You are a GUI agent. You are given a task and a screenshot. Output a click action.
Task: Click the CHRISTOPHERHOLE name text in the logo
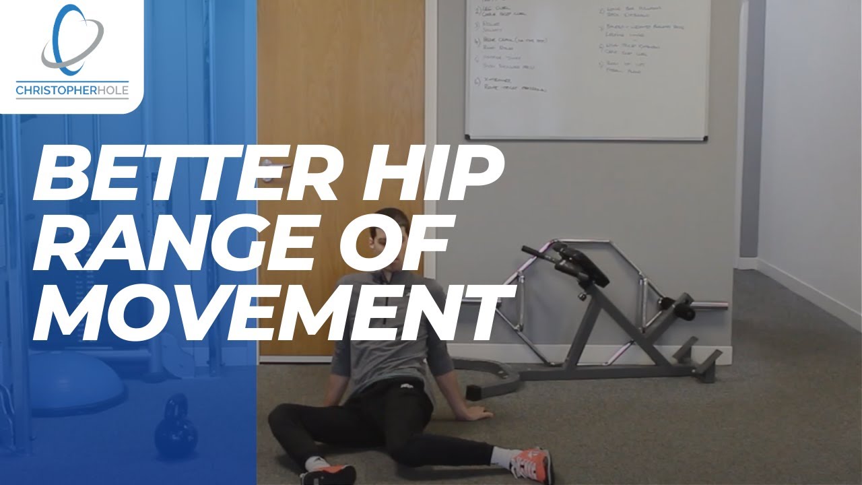72,90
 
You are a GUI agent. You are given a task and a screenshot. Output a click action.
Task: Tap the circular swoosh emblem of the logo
72,39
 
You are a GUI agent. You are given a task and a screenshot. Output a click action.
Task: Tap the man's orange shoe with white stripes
531,464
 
